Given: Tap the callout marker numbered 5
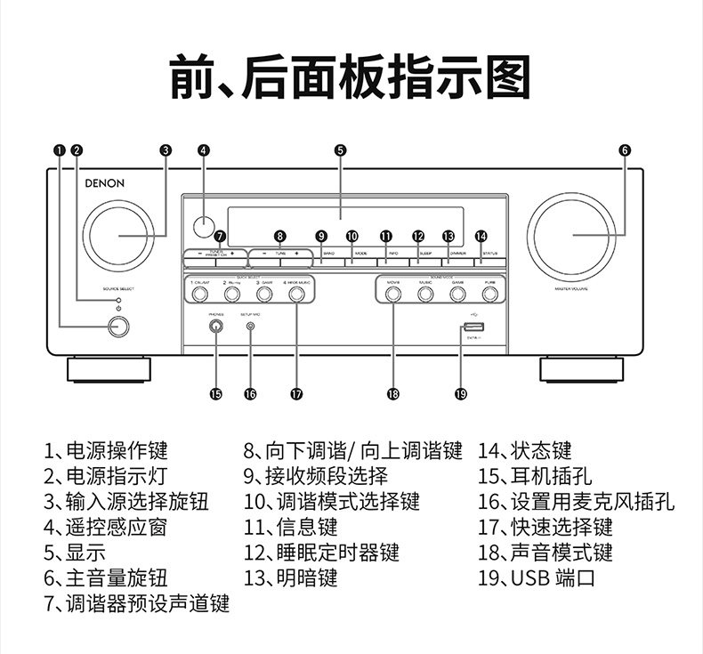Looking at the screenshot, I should [x=341, y=149].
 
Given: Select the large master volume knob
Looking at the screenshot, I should [x=575, y=236].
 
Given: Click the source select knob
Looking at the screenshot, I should [x=119, y=236].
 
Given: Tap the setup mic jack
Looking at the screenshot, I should [x=250, y=327].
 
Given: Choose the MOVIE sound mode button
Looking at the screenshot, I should [x=392, y=292].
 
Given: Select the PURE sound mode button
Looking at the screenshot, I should [x=489, y=292].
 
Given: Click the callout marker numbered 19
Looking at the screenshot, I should [x=460, y=393].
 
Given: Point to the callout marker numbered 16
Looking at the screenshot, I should [x=250, y=393].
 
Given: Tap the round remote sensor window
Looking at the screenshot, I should [x=204, y=226].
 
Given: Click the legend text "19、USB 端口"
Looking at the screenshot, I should [x=536, y=578].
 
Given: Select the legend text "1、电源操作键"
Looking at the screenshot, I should [x=106, y=450].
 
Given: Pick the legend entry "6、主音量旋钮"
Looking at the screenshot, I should [x=106, y=578].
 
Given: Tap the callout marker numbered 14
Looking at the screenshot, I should [x=481, y=237].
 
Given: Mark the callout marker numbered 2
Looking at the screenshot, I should [x=77, y=149].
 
